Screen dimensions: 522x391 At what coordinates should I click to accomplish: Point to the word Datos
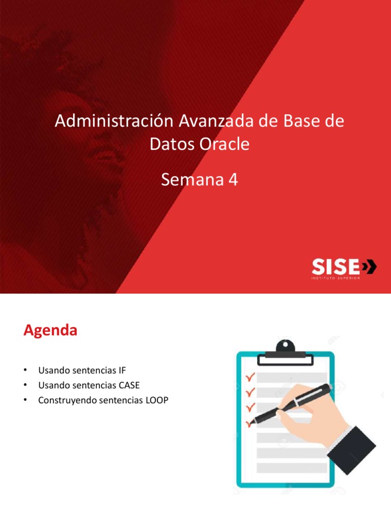(x=171, y=144)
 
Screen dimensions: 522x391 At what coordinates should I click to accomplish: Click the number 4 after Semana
(x=233, y=179)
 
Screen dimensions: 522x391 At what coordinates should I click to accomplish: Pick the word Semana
(x=192, y=179)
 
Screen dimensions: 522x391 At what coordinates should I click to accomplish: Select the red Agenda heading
(x=50, y=331)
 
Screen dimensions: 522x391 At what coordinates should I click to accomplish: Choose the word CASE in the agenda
(x=129, y=385)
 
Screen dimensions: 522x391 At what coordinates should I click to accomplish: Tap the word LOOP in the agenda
(x=157, y=401)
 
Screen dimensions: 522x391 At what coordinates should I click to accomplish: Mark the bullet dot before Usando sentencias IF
(x=25, y=369)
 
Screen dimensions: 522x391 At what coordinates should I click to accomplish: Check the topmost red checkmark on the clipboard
(x=250, y=378)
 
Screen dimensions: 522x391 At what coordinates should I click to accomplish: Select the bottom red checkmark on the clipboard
(x=249, y=423)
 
